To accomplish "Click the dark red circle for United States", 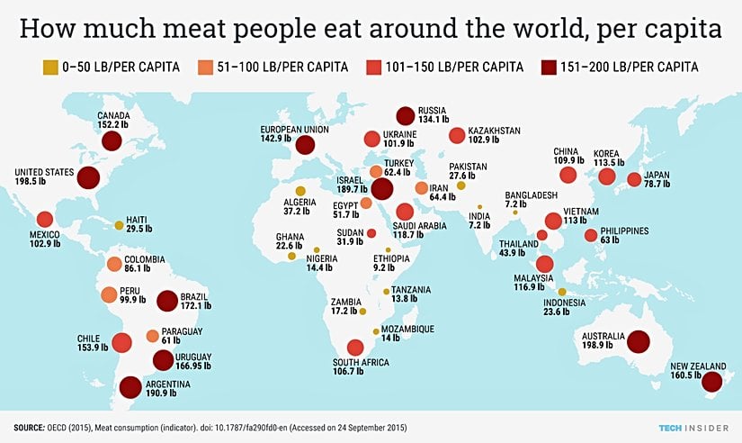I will coord(87,177).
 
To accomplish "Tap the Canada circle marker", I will coord(112,141).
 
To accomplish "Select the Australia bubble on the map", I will coord(639,341).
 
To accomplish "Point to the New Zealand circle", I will coord(711,384).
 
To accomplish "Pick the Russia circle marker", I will coord(406,116).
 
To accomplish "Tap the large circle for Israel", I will coord(381,189).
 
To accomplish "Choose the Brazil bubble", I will coord(167,301).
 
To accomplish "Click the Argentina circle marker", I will coord(130,387).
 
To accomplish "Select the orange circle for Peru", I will coord(109,294).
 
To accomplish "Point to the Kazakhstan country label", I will coord(496,131).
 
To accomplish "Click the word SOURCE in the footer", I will coord(30,425).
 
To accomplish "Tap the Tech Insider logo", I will coord(687,425).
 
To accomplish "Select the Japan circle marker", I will coord(634,179).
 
